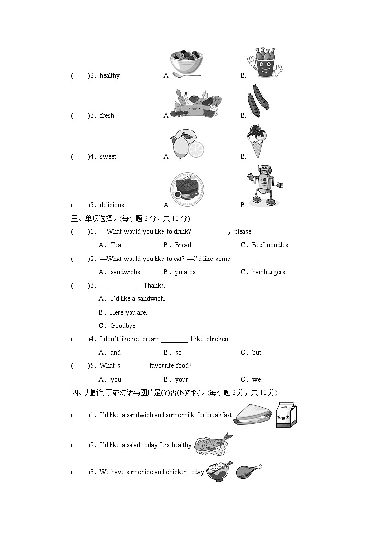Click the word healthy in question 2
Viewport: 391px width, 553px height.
coord(110,76)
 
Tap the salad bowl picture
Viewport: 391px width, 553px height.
coord(187,64)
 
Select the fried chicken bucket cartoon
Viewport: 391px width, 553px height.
coord(265,63)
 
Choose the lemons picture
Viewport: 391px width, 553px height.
coord(187,144)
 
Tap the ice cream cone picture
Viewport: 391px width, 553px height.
coord(257,141)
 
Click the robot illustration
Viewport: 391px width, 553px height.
coord(265,186)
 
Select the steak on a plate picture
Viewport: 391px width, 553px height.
coord(187,190)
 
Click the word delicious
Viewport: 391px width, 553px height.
coord(112,205)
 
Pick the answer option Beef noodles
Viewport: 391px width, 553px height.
coord(270,245)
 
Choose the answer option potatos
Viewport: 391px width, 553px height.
coord(185,272)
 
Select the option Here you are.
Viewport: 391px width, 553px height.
coord(129,313)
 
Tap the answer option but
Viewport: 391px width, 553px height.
coord(257,352)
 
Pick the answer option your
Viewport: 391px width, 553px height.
coord(182,380)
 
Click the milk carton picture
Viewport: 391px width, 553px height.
coord(286,415)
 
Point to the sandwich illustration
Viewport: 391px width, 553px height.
coord(254,415)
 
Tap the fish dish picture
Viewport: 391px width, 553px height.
coord(214,444)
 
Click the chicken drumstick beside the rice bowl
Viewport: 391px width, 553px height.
coord(249,471)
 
